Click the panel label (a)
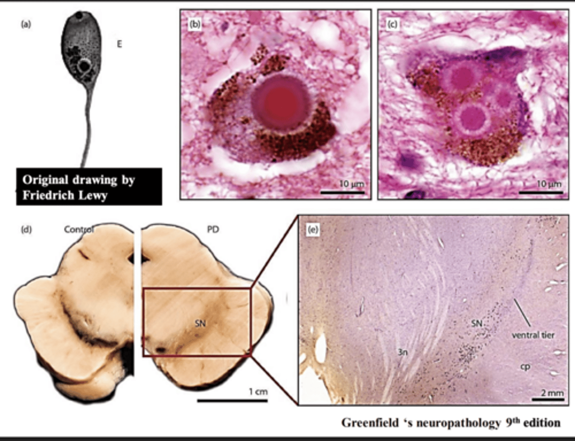(x=26, y=24)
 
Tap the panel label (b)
(x=194, y=25)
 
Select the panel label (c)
(x=392, y=25)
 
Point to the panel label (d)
(x=26, y=229)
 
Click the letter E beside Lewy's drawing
(x=119, y=44)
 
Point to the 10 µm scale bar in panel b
(x=342, y=192)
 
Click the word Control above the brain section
(x=79, y=229)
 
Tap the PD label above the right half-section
(x=213, y=229)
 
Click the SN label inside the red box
(x=200, y=323)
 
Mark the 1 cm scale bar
(x=232, y=399)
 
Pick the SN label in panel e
(x=477, y=323)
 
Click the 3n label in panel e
(x=402, y=352)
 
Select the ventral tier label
(x=533, y=335)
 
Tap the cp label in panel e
(x=525, y=366)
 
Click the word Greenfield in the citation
(x=369, y=423)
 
